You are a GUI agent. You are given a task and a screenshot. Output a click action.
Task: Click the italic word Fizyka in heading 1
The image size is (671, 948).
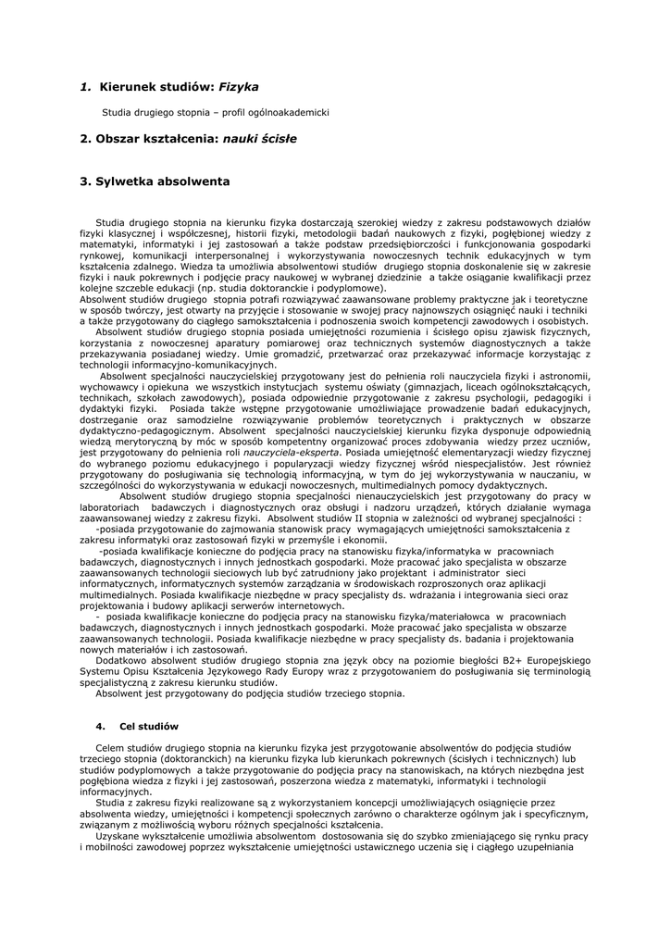[238, 87]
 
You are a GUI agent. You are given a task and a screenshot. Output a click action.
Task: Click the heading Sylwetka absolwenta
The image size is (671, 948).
[162, 181]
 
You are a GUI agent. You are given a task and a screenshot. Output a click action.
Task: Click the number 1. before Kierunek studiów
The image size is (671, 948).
[85, 87]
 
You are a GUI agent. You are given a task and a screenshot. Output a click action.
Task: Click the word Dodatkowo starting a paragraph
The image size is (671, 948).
[126, 661]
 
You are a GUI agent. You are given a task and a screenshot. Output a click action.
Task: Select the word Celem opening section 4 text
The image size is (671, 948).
[110, 747]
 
